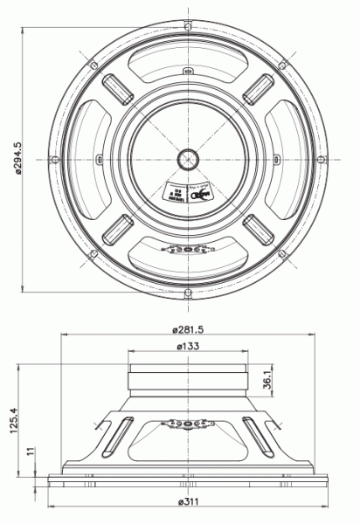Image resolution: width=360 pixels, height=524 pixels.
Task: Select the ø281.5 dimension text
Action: coord(189,329)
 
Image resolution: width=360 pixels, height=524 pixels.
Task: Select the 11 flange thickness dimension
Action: coord(29,452)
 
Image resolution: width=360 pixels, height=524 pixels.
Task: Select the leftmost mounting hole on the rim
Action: coord(55,158)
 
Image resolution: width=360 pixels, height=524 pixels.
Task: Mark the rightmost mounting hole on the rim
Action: coord(322,158)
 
